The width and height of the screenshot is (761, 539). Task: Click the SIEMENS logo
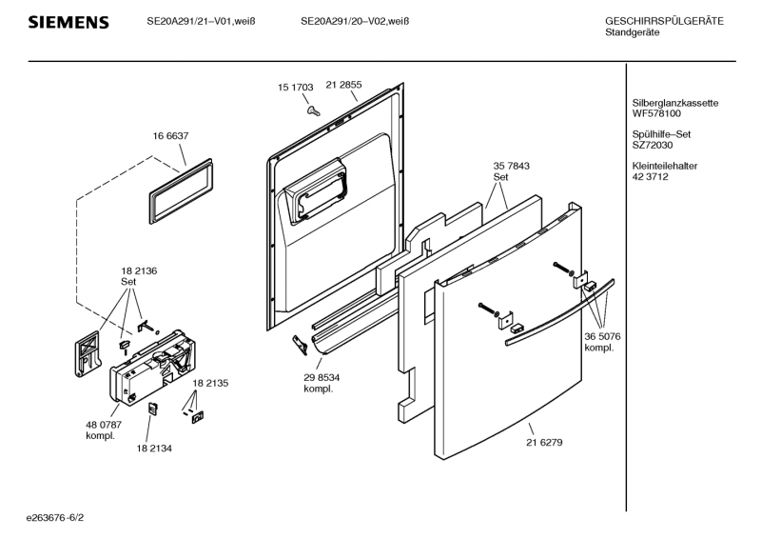click(x=68, y=22)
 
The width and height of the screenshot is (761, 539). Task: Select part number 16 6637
click(x=168, y=136)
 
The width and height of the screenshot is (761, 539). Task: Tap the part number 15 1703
click(x=295, y=87)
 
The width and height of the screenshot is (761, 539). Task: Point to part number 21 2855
click(x=343, y=85)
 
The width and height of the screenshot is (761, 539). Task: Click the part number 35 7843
click(x=511, y=166)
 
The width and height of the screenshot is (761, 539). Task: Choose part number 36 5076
click(x=602, y=336)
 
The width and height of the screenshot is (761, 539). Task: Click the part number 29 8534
click(x=322, y=377)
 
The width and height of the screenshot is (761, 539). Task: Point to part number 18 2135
click(x=210, y=383)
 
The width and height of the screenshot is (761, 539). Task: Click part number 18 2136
click(x=138, y=270)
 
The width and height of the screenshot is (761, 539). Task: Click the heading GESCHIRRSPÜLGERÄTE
click(x=664, y=21)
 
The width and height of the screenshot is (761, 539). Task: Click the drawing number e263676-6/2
click(x=61, y=519)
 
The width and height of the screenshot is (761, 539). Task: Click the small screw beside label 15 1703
click(x=312, y=110)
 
